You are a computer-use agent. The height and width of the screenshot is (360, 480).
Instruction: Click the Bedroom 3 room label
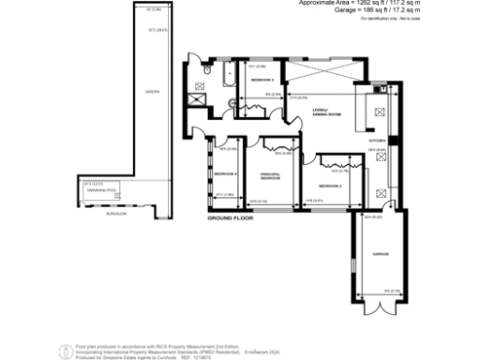coord(260,81)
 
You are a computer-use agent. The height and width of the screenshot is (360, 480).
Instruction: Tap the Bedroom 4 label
coord(225,174)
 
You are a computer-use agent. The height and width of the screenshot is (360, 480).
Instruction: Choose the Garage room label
coord(380,255)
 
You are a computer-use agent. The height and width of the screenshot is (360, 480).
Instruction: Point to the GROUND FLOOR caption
coord(232,217)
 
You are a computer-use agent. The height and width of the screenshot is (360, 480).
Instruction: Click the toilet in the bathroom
coord(207,67)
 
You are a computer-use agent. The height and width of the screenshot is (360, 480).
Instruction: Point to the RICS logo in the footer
coord(66,349)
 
